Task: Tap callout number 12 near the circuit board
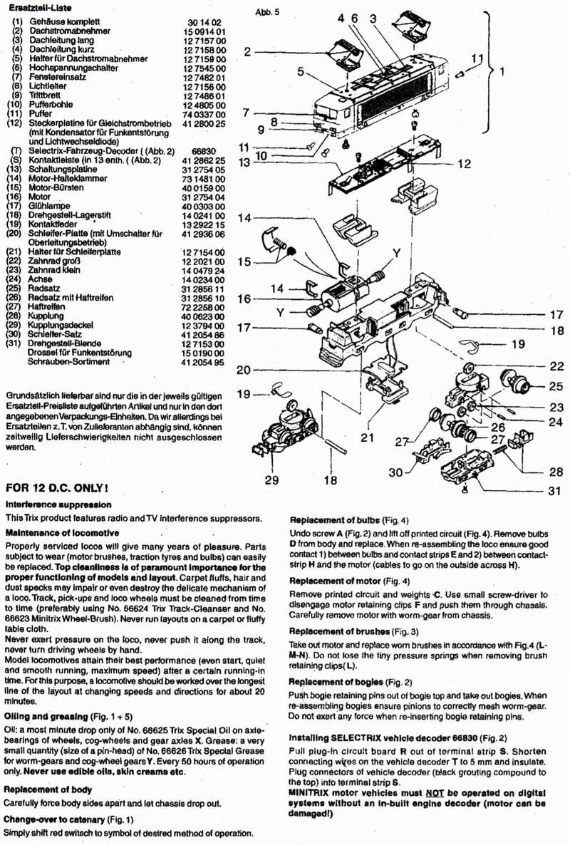[465, 164]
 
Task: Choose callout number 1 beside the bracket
[502, 71]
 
